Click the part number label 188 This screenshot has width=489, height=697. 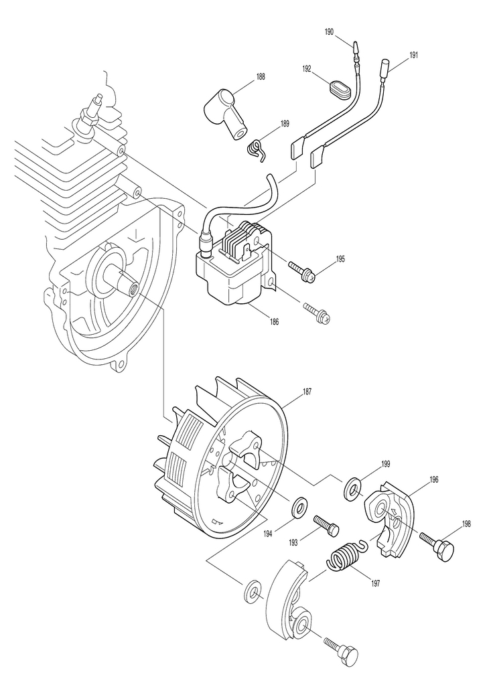tap(260, 77)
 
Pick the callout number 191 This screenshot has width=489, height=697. tap(413, 55)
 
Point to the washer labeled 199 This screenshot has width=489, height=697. tap(352, 489)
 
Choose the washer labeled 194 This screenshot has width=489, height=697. tap(299, 507)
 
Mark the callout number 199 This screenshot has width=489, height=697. tap(385, 463)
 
